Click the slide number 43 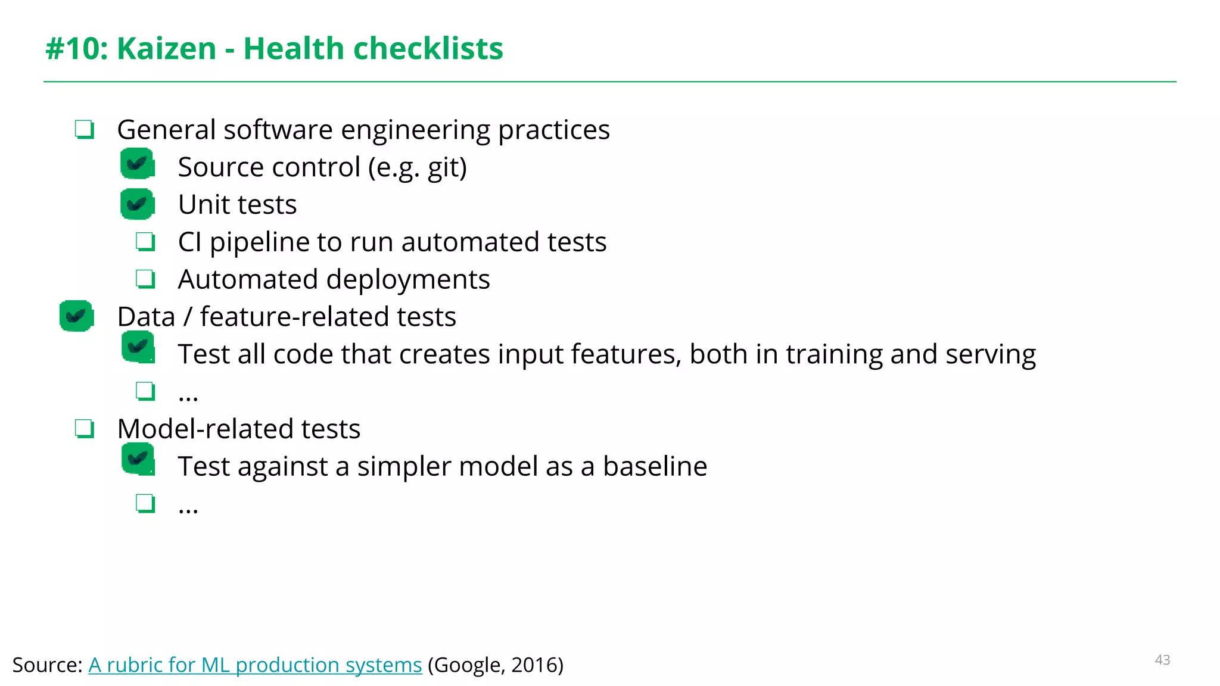tap(1162, 660)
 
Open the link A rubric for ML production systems tap(255, 665)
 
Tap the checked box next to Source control tap(138, 164)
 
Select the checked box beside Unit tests tap(138, 204)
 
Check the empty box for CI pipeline tap(145, 242)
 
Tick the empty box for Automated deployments tap(145, 279)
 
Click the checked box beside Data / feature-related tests tap(77, 316)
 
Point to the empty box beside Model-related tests tap(85, 428)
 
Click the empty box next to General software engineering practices tap(85, 129)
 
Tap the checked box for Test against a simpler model tap(138, 460)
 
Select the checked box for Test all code tap(138, 347)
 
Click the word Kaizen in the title tap(166, 48)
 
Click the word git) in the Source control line tap(447, 167)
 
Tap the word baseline tap(655, 466)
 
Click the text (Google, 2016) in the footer tap(495, 665)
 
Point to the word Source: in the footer tap(47, 665)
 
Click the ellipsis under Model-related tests tap(188, 507)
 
